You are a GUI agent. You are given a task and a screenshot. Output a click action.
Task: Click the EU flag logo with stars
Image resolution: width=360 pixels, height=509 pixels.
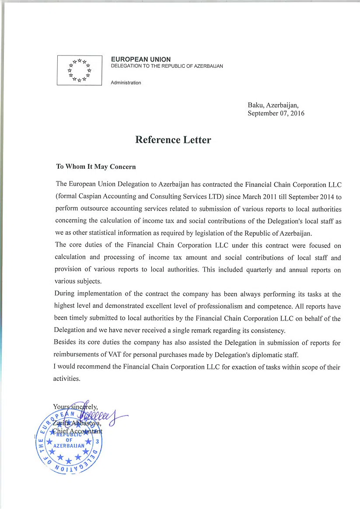79,70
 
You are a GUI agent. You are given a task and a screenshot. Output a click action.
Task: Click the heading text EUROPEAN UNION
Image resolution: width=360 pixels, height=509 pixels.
141,59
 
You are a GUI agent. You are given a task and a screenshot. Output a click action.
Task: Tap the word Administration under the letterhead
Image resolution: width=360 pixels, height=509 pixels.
126,83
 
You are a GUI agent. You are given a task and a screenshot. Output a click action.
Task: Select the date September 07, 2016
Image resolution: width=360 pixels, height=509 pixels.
276,114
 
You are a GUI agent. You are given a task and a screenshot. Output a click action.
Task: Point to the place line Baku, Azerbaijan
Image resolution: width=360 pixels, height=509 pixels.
273,105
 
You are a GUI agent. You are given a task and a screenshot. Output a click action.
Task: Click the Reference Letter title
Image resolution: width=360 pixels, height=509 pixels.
173,140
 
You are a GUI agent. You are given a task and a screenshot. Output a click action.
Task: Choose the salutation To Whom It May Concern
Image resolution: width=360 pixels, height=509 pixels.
96,167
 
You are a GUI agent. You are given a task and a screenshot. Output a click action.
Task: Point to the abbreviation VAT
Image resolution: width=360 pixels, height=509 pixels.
135,355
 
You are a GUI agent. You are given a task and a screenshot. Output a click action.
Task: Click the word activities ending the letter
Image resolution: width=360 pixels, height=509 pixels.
66,379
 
